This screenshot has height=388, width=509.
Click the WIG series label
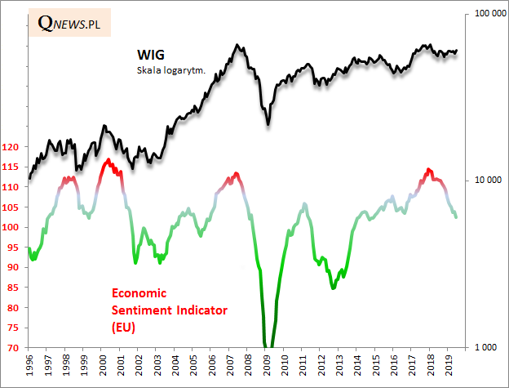150,55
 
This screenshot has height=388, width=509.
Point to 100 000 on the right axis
482,14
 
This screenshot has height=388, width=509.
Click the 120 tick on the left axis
11,147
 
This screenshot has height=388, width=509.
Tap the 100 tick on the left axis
11,227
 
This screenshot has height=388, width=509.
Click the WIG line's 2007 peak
237,45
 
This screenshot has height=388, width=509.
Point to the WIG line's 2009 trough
268,125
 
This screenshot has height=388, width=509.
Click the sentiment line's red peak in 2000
108,160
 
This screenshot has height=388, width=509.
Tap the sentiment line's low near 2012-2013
333,288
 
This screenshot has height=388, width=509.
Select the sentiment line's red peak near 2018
429,170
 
